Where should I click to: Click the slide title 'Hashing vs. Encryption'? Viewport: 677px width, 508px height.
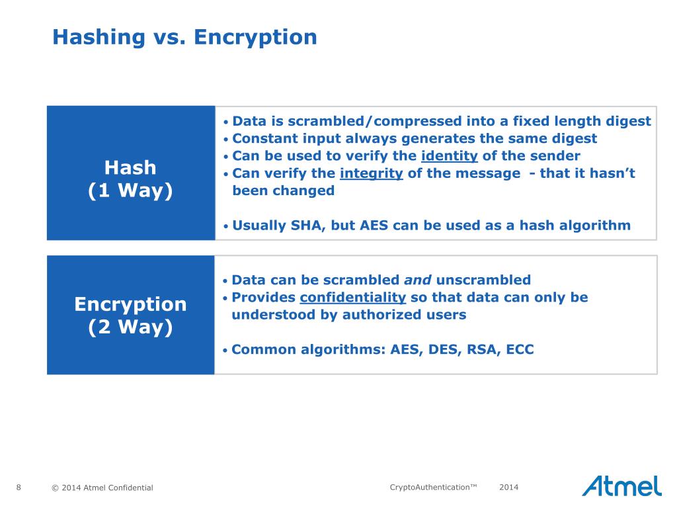point(184,37)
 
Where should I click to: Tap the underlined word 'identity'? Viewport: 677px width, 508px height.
point(449,156)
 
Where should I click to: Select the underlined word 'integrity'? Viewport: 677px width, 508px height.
point(371,173)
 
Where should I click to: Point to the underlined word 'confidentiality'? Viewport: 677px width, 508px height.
point(352,297)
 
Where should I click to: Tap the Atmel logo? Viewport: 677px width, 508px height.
point(621,486)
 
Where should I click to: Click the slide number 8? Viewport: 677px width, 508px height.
point(19,487)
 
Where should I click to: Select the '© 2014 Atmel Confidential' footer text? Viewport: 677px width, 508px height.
point(102,488)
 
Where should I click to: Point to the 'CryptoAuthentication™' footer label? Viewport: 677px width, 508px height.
point(433,487)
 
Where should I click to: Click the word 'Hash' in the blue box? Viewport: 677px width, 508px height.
point(130,167)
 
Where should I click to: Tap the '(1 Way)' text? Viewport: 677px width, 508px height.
point(130,190)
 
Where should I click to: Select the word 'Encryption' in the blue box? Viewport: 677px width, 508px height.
point(130,304)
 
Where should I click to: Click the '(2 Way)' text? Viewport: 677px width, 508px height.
point(130,327)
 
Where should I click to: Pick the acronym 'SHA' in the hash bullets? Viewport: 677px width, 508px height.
point(306,225)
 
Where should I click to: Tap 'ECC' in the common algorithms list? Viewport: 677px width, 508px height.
point(520,349)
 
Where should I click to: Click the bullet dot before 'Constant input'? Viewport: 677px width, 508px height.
point(226,140)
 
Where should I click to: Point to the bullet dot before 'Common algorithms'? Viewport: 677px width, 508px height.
point(226,350)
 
